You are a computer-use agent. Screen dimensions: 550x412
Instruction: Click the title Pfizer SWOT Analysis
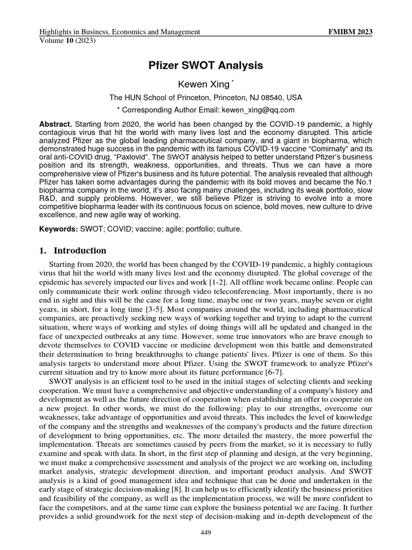[x=205, y=66]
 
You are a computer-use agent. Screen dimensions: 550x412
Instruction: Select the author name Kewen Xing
[x=203, y=84]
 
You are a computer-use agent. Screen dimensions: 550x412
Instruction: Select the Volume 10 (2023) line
[x=64, y=40]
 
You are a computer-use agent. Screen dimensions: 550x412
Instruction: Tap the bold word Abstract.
[x=56, y=124]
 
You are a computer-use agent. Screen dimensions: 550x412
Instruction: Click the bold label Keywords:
[x=59, y=229]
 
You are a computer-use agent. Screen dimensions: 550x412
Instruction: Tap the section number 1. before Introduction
[x=43, y=251]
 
